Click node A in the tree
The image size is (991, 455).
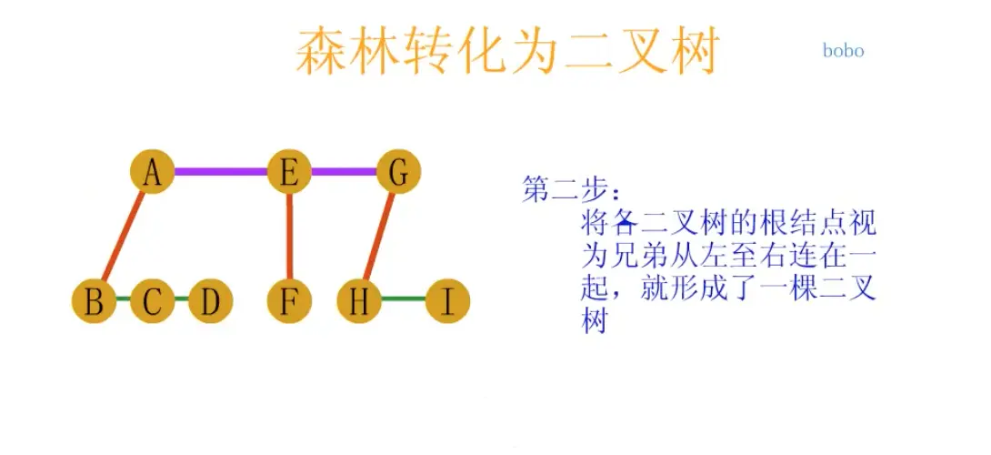click(x=152, y=171)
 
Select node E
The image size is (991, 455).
click(x=289, y=171)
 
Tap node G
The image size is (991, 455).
click(x=398, y=171)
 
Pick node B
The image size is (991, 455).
click(x=95, y=300)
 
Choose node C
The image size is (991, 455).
click(x=152, y=300)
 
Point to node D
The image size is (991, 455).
click(x=210, y=300)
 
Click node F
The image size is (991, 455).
click(x=289, y=300)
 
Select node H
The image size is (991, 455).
click(x=359, y=300)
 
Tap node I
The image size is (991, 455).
click(x=446, y=300)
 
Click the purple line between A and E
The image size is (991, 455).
click(x=220, y=171)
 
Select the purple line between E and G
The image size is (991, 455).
click(x=344, y=171)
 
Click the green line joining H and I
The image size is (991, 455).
click(x=403, y=299)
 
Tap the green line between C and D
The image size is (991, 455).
click(x=181, y=299)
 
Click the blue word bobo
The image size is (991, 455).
click(x=843, y=51)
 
